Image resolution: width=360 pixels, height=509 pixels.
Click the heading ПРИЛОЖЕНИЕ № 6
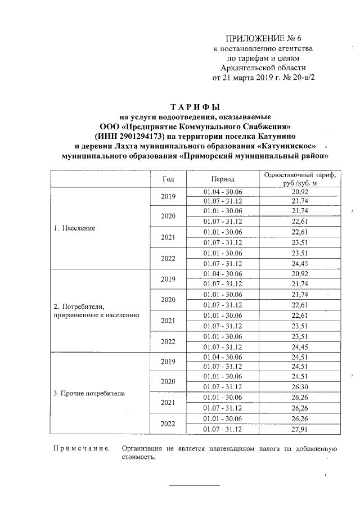tap(264, 39)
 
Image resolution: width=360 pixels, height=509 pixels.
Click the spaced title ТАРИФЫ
tap(194, 106)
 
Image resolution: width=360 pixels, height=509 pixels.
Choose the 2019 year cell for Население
tap(168, 197)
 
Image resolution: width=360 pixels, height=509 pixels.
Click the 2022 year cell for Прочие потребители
tap(168, 424)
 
